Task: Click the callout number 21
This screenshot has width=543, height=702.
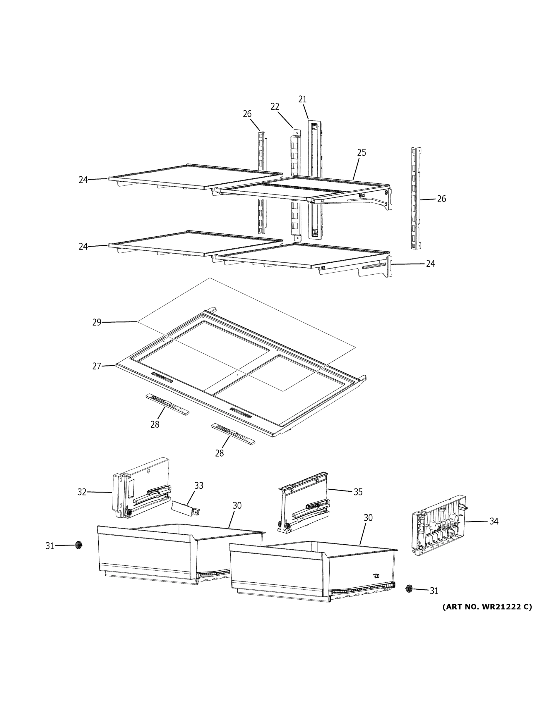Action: (x=302, y=99)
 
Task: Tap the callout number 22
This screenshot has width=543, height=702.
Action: (x=275, y=106)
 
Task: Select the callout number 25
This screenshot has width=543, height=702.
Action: (x=362, y=152)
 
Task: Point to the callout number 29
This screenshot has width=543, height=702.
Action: (x=97, y=322)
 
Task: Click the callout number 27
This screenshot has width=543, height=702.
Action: (x=97, y=366)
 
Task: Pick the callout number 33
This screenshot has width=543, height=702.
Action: (x=199, y=486)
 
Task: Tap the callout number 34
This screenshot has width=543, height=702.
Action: (x=494, y=521)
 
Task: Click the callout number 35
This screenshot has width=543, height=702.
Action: (x=358, y=492)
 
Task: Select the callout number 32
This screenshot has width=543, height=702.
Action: (x=82, y=492)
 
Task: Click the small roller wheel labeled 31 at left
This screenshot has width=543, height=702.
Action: (x=78, y=545)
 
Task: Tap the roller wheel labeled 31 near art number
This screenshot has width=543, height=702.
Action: (x=409, y=589)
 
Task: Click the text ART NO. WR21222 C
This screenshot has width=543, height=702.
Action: (x=487, y=607)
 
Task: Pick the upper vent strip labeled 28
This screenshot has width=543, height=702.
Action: (x=167, y=404)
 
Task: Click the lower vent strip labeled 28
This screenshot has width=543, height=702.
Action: (x=233, y=433)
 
